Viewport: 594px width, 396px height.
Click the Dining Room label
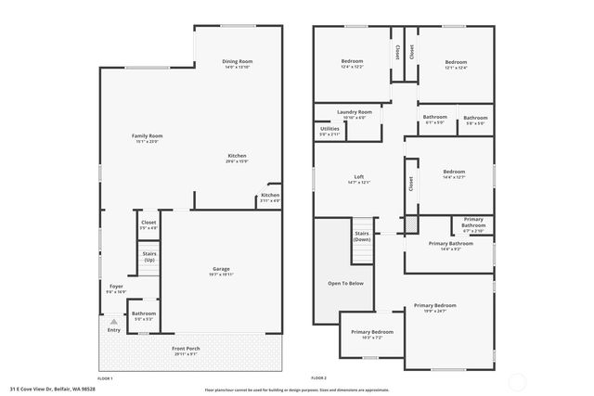(x=238, y=62)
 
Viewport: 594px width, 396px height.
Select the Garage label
(x=220, y=269)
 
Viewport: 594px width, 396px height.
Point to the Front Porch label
(x=186, y=348)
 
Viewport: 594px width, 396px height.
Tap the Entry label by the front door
(x=113, y=329)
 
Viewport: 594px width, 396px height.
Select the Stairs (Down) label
(x=362, y=236)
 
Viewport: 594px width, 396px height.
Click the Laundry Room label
(x=354, y=111)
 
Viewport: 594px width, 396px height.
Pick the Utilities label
(x=329, y=129)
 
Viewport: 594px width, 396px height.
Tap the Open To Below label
(x=345, y=283)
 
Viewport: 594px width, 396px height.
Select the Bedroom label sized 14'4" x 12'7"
(x=454, y=172)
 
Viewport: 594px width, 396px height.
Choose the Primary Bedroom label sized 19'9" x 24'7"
(x=435, y=305)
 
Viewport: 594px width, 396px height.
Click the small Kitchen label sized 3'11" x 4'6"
(x=269, y=195)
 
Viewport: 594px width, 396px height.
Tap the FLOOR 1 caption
(x=105, y=378)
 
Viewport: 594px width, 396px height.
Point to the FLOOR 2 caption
(x=318, y=378)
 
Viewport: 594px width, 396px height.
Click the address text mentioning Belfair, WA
(x=53, y=389)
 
